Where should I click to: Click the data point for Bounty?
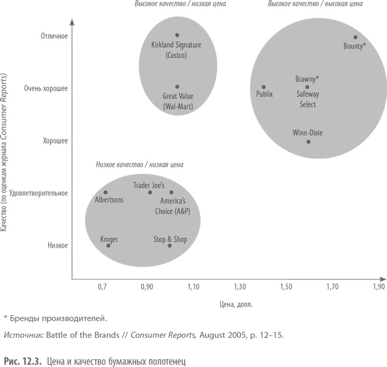[355, 37]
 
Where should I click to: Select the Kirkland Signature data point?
[177, 35]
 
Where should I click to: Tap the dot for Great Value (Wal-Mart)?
[177, 86]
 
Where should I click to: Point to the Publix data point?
[264, 87]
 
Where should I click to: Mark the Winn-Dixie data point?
[308, 141]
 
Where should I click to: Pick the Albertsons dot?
[105, 192]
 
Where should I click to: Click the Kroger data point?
[108, 245]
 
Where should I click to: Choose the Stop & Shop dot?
[170, 245]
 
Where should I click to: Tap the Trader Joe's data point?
[150, 192]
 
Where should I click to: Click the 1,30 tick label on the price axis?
[239, 287]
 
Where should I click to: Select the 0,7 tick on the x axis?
[102, 287]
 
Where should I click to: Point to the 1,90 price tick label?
[378, 287]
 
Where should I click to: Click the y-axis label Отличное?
[54, 36]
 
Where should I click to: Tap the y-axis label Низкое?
[58, 245]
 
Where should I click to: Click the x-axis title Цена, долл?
[236, 304]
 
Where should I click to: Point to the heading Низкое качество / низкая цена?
[139, 164]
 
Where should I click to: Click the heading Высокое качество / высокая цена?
[315, 4]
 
